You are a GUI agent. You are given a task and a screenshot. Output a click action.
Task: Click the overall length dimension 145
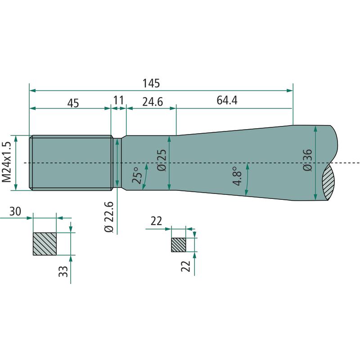coord(151,83)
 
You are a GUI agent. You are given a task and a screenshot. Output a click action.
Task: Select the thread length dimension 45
coord(73,103)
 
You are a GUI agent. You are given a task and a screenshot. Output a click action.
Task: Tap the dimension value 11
coord(118,100)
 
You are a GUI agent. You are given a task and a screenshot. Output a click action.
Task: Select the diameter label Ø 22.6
coord(108,216)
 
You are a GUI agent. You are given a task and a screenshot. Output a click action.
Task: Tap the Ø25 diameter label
coord(162,161)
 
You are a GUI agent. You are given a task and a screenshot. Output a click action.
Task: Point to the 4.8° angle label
coord(238,176)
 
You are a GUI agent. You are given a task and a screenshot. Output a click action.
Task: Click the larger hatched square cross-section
coord(45,244)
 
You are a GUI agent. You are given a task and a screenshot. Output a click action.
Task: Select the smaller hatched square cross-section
coord(179,245)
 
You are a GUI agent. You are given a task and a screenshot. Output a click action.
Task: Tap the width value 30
coord(15,211)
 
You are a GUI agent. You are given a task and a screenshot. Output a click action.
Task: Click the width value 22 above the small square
coord(156,221)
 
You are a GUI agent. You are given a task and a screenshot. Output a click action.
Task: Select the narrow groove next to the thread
coord(118,162)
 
